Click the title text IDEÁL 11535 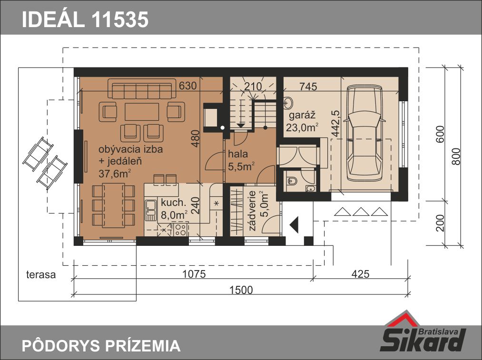click(85, 19)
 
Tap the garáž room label click(302, 116)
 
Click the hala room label click(237, 154)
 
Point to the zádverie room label click(252, 211)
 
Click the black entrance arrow click(294, 224)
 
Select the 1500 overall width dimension click(241, 290)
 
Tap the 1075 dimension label click(194, 273)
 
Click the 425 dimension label click(360, 273)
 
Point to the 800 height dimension click(457, 156)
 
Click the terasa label click(41, 274)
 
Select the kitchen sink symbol click(151, 210)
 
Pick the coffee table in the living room click(142, 111)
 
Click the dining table click(113, 205)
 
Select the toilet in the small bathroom click(292, 181)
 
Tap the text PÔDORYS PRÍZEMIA click(101, 346)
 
